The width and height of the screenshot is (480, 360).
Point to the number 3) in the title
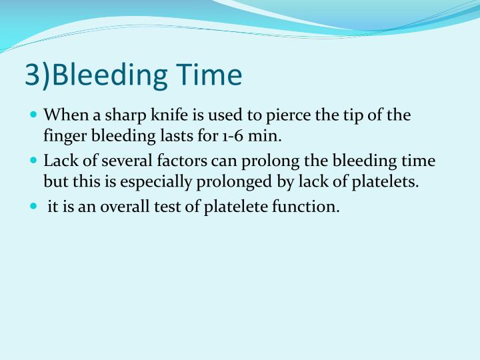pyautogui.click(x=38, y=75)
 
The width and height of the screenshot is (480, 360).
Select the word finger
pyautogui.click(x=63, y=137)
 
